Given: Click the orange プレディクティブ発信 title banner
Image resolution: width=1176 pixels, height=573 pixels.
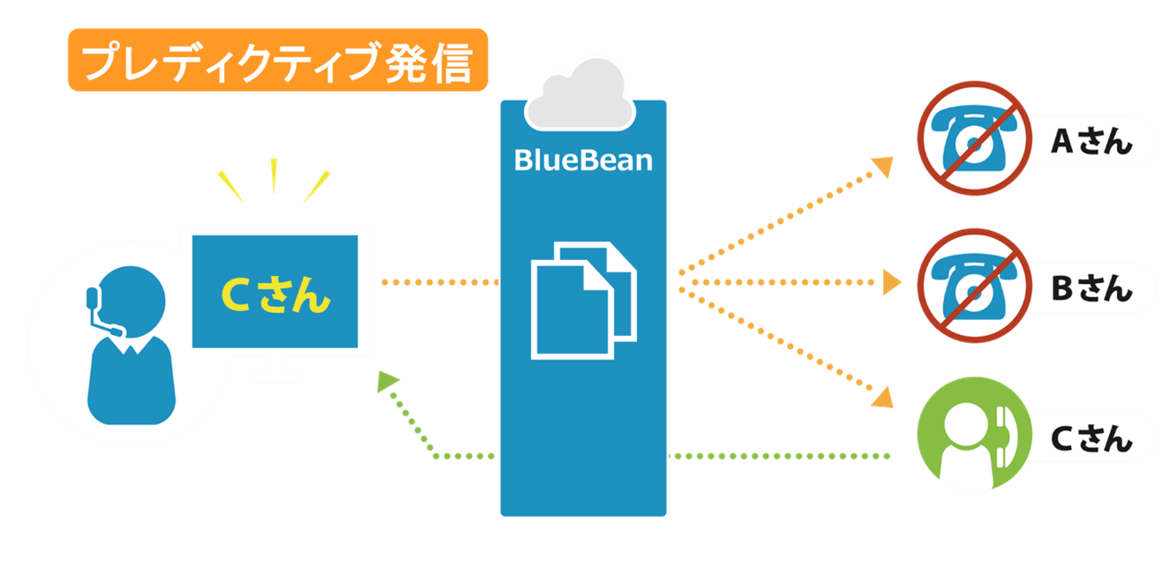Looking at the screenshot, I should coord(277,60).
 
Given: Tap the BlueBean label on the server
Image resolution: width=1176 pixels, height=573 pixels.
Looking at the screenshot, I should coord(583,160).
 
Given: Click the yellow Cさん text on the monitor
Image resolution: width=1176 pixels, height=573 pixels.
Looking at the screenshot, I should coord(275,295).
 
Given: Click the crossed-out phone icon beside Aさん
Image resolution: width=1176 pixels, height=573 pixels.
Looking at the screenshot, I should coord(972,138).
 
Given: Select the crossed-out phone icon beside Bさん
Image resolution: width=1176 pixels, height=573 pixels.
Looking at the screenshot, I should coord(972,284).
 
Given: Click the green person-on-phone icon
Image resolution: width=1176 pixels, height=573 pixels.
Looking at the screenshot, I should coord(972,434).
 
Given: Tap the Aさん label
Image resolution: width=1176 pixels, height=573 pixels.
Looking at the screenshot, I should coord(1090,141).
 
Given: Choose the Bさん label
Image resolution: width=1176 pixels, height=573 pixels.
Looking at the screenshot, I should coord(1090,287).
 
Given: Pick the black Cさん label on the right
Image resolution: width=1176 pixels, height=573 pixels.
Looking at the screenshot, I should coord(1090,436).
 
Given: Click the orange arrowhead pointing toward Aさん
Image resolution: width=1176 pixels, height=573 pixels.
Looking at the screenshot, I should coord(883,165).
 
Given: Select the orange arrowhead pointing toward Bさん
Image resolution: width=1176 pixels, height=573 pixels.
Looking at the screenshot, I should coord(892,283).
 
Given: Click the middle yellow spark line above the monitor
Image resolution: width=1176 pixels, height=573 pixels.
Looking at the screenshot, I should coord(274,175).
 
